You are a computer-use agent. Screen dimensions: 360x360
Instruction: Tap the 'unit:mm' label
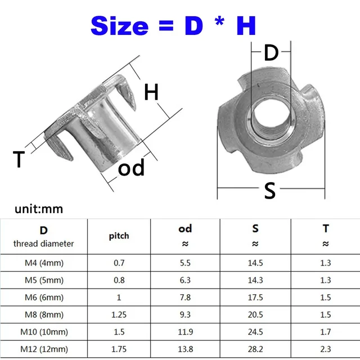point(39,209)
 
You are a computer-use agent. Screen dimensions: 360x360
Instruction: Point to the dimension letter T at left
point(19,160)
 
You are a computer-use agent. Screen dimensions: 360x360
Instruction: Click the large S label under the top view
point(270,191)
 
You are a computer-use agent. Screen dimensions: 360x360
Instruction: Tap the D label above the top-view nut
point(271,53)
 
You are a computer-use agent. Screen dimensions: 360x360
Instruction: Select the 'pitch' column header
point(119,236)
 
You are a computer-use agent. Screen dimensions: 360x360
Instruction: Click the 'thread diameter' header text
point(44,244)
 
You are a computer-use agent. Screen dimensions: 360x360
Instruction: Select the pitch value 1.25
point(119,315)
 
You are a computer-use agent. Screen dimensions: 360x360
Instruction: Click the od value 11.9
point(185,332)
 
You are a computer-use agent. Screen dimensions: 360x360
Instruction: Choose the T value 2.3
point(325,350)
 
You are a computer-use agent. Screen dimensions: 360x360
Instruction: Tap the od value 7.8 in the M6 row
point(185,298)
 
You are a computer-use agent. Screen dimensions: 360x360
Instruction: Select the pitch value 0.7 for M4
point(119,263)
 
